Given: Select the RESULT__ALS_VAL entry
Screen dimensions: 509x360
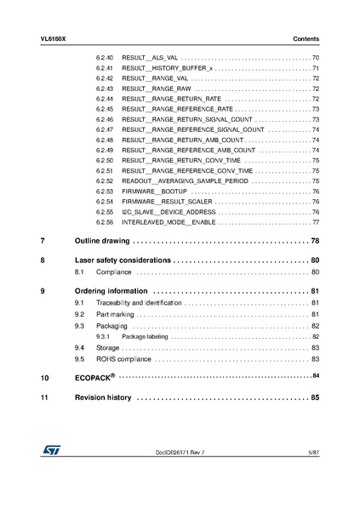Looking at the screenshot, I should (x=150, y=56).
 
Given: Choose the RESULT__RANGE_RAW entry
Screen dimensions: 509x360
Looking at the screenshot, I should (x=157, y=88).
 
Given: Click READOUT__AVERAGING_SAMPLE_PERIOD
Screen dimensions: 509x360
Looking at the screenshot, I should (x=186, y=181).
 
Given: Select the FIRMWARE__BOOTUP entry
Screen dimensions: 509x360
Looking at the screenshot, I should (x=155, y=192).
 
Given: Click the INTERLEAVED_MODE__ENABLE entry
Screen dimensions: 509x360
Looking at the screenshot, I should (x=168, y=222).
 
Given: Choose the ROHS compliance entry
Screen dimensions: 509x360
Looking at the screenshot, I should (x=126, y=358).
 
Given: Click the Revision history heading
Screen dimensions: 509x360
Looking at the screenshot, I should (x=103, y=397).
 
